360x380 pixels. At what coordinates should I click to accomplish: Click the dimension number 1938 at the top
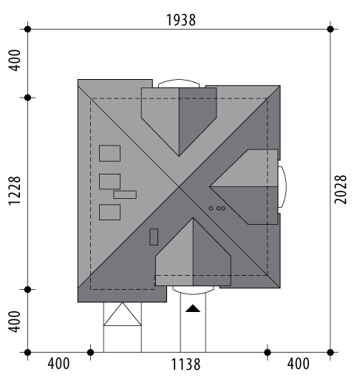point(181,20)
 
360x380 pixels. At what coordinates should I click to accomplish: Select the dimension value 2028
point(341,189)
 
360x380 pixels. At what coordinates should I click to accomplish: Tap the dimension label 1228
point(15,191)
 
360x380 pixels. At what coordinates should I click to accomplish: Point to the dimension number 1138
point(186,364)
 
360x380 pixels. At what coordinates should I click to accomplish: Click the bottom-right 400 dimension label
point(298,364)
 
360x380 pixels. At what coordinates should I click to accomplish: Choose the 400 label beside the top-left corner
point(15,61)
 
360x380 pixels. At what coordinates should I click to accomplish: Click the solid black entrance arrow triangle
point(193,308)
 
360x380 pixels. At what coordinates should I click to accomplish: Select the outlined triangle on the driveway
point(123,314)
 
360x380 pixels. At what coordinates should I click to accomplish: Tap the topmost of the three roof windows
point(109,153)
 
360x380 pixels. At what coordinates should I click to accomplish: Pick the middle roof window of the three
point(109,182)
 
